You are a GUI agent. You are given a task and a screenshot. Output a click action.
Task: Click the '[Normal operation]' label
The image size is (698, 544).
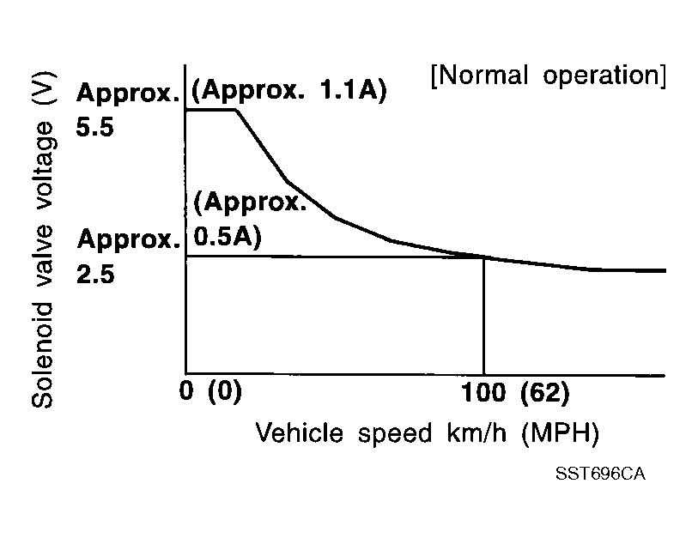click(548, 76)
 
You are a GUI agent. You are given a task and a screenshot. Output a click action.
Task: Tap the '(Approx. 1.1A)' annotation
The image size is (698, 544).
click(288, 91)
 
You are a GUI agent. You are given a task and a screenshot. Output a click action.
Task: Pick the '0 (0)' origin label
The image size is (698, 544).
click(213, 394)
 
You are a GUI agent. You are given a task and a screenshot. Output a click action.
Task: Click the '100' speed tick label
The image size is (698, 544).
click(485, 394)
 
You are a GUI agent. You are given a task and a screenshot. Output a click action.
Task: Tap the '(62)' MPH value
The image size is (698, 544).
click(544, 394)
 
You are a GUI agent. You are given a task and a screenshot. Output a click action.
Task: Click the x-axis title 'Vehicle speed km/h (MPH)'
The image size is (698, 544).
click(426, 432)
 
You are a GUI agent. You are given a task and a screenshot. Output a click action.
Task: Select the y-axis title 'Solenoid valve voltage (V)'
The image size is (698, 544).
click(45, 249)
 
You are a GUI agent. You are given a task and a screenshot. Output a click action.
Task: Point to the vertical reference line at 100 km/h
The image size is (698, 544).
click(484, 317)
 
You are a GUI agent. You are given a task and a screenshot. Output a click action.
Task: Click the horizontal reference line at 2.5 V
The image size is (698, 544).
click(335, 257)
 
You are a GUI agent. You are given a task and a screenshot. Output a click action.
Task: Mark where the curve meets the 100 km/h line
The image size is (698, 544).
click(484, 257)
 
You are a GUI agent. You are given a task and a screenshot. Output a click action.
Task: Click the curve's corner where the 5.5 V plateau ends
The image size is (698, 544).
click(235, 110)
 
